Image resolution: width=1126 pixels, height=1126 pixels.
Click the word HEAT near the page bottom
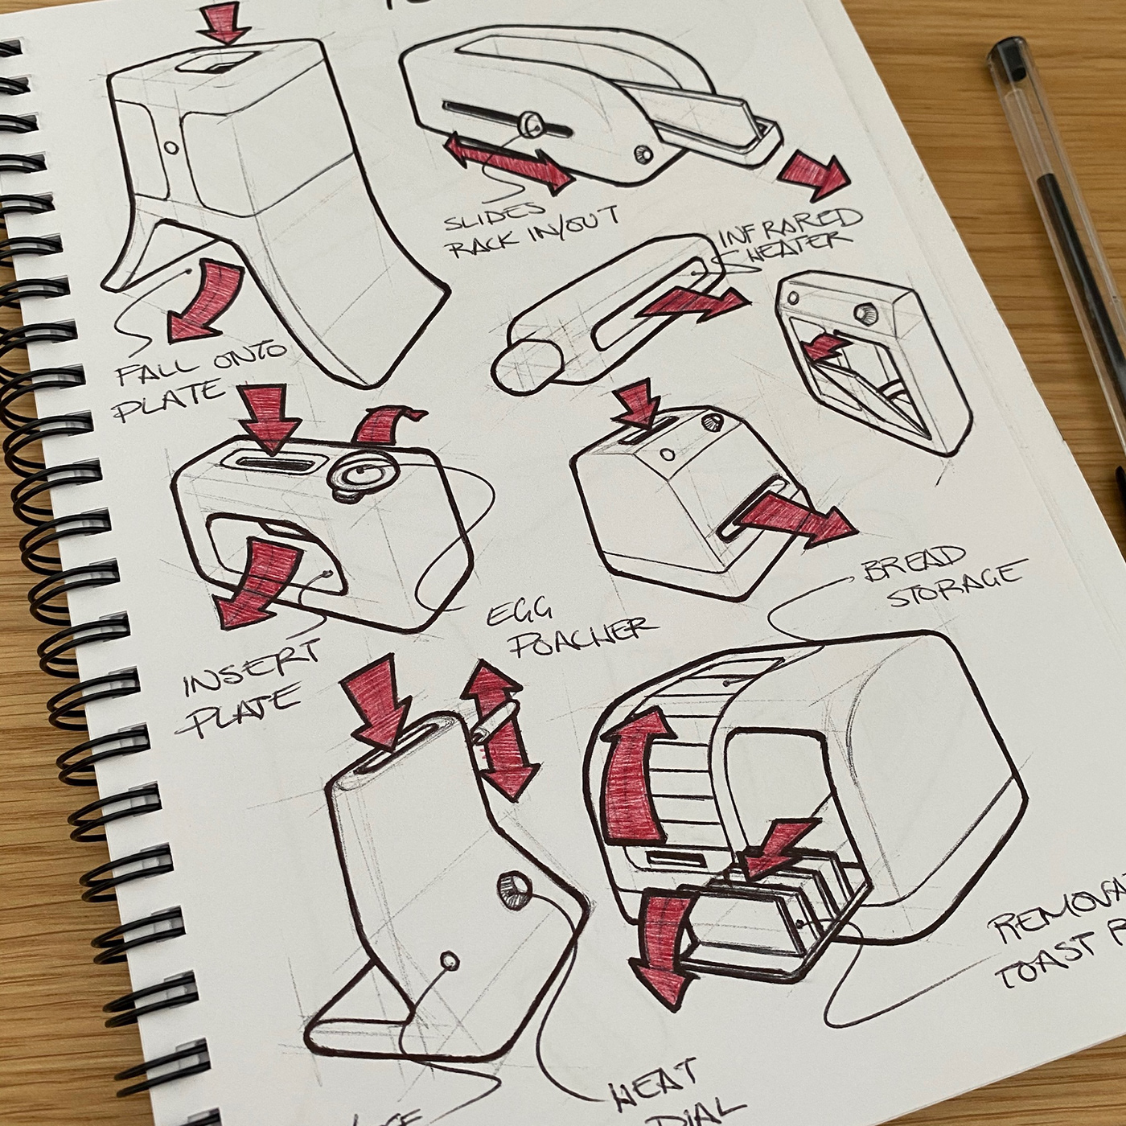pos(653,1085)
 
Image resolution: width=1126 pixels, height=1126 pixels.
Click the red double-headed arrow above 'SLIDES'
pos(508,163)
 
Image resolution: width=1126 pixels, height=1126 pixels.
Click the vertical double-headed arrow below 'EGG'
pos(499,729)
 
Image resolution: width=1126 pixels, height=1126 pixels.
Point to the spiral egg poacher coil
pos(362,474)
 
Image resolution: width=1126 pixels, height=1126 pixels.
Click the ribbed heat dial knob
pos(513,886)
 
